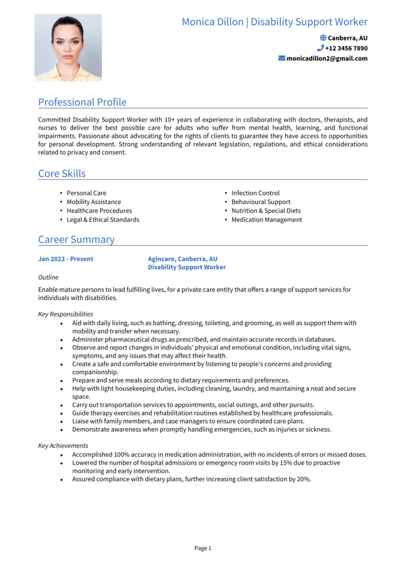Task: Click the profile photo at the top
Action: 68,48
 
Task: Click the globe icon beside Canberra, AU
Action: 323,38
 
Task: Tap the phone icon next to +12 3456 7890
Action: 320,48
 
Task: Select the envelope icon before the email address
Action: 281,58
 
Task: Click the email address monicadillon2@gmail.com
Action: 327,58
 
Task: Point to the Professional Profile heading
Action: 82,102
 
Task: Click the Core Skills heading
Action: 62,174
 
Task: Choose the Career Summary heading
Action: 76,240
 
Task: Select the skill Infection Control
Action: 256,193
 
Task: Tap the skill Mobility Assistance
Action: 94,202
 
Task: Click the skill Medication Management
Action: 266,220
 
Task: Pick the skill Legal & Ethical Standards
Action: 103,220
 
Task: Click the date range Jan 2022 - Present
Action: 66,259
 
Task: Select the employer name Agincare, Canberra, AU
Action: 182,259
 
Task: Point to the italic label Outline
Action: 48,277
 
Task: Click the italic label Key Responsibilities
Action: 66,314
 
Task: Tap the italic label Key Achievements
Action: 63,446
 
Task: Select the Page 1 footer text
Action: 203,548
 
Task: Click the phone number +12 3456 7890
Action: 346,48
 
